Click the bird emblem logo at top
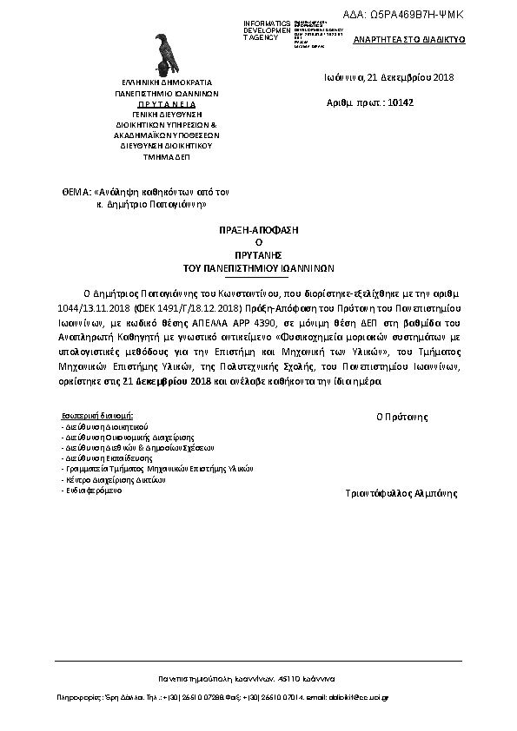point(163,54)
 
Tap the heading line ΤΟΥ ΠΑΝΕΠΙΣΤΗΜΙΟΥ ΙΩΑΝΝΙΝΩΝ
point(258,269)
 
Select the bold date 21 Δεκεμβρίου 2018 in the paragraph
point(165,381)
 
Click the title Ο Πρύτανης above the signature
point(401,417)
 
